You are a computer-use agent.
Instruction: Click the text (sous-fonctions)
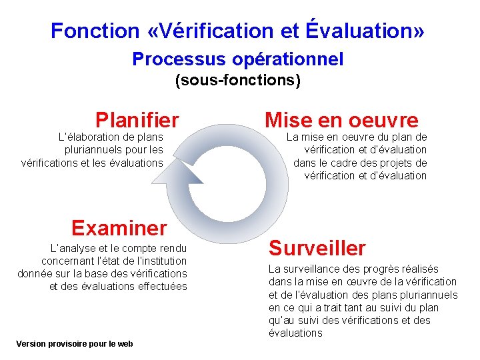tap(238, 81)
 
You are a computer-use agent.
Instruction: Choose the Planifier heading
tap(137, 120)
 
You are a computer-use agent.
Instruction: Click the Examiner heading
tap(119, 228)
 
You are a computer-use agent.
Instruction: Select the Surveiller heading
tap(317, 249)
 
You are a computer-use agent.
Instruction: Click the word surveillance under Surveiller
tap(313, 269)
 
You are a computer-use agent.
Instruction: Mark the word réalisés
tap(421, 269)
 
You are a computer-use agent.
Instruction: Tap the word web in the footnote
tap(125, 344)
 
